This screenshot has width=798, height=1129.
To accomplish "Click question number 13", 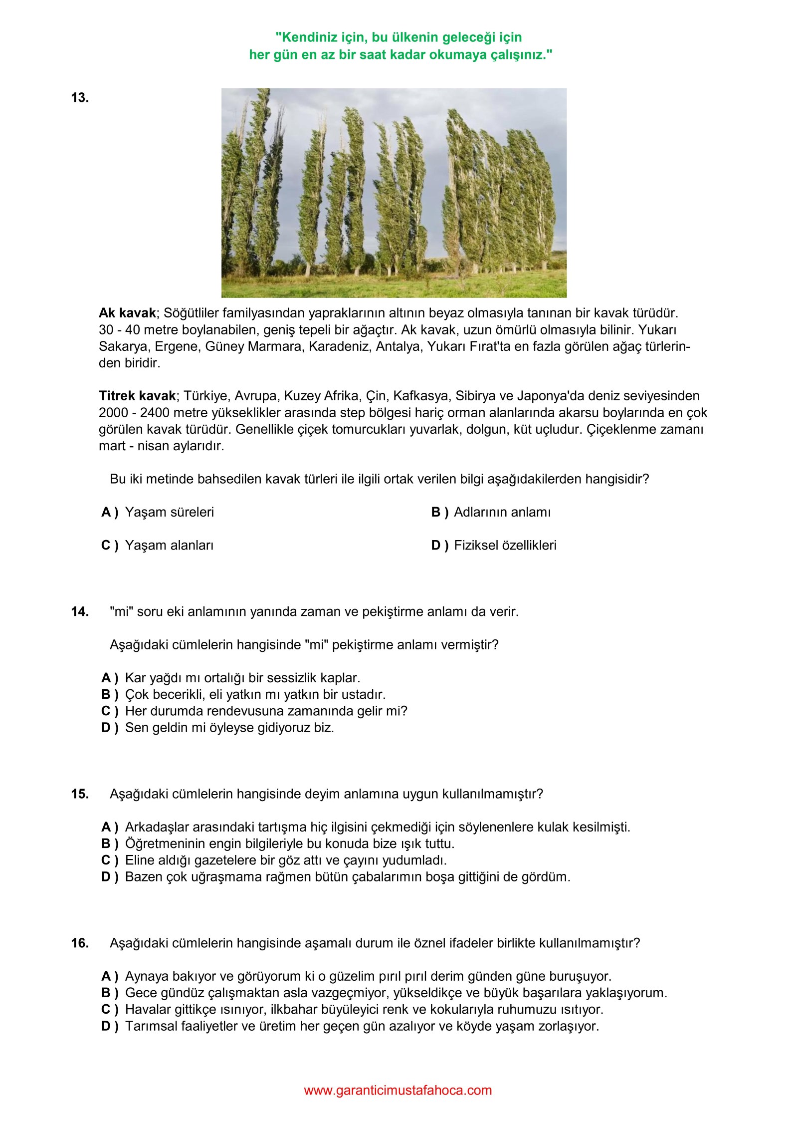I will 80,98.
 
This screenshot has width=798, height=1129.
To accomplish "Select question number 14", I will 80,611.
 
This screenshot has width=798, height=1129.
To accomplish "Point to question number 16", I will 80,943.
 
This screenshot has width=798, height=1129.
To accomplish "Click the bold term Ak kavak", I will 127,313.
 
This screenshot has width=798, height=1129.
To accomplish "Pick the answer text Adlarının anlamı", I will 502,512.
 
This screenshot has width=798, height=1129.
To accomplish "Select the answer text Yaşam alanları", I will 169,545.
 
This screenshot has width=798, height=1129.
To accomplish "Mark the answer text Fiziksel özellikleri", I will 505,545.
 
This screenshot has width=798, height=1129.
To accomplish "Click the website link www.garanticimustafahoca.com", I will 398,1090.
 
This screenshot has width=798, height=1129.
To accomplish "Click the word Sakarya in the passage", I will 123,346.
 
